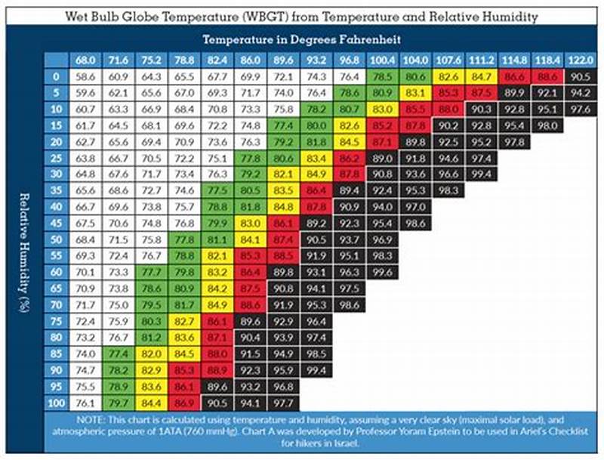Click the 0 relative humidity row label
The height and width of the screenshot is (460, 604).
coord(56,76)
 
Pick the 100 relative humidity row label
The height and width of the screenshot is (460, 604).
coord(56,402)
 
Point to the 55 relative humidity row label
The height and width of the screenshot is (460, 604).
coord(56,255)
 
